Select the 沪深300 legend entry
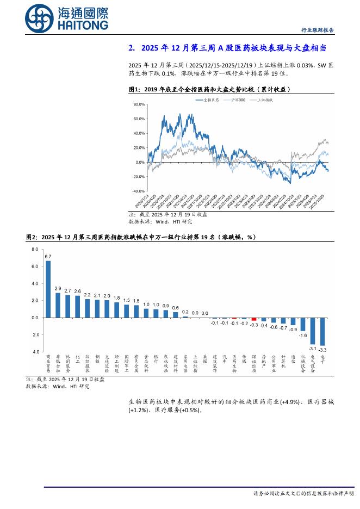coord(240,100)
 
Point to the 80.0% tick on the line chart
coord(139,104)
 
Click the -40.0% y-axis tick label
coord(138,191)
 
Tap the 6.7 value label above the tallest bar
coord(48,256)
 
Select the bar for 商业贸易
coord(48,289)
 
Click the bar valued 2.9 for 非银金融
coord(58,305)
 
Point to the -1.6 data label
coord(303,336)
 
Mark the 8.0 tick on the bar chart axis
coord(34,249)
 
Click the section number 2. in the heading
coord(132,48)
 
